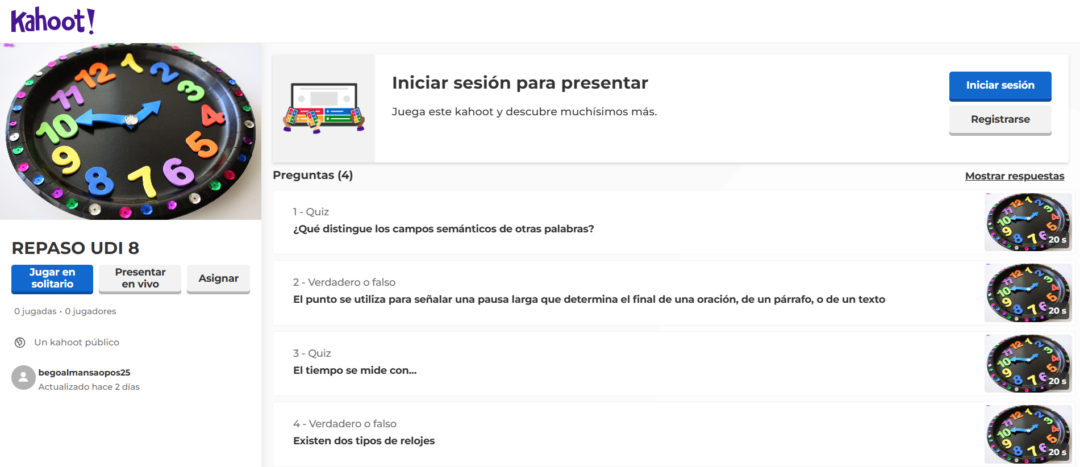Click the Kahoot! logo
(53, 21)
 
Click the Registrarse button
(1000, 119)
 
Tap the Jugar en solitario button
(52, 278)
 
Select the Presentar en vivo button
(140, 278)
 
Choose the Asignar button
(218, 278)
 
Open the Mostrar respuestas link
(1015, 176)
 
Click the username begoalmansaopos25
(84, 373)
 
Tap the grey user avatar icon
(23, 377)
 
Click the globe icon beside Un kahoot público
(20, 343)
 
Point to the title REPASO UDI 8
(76, 248)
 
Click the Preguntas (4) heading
(312, 175)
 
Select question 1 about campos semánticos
(443, 229)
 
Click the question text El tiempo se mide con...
(355, 370)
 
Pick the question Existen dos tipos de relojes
(364, 441)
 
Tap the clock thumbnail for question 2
(1028, 293)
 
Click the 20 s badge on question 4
(1057, 452)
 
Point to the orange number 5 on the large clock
(202, 144)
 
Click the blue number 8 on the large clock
(99, 181)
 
